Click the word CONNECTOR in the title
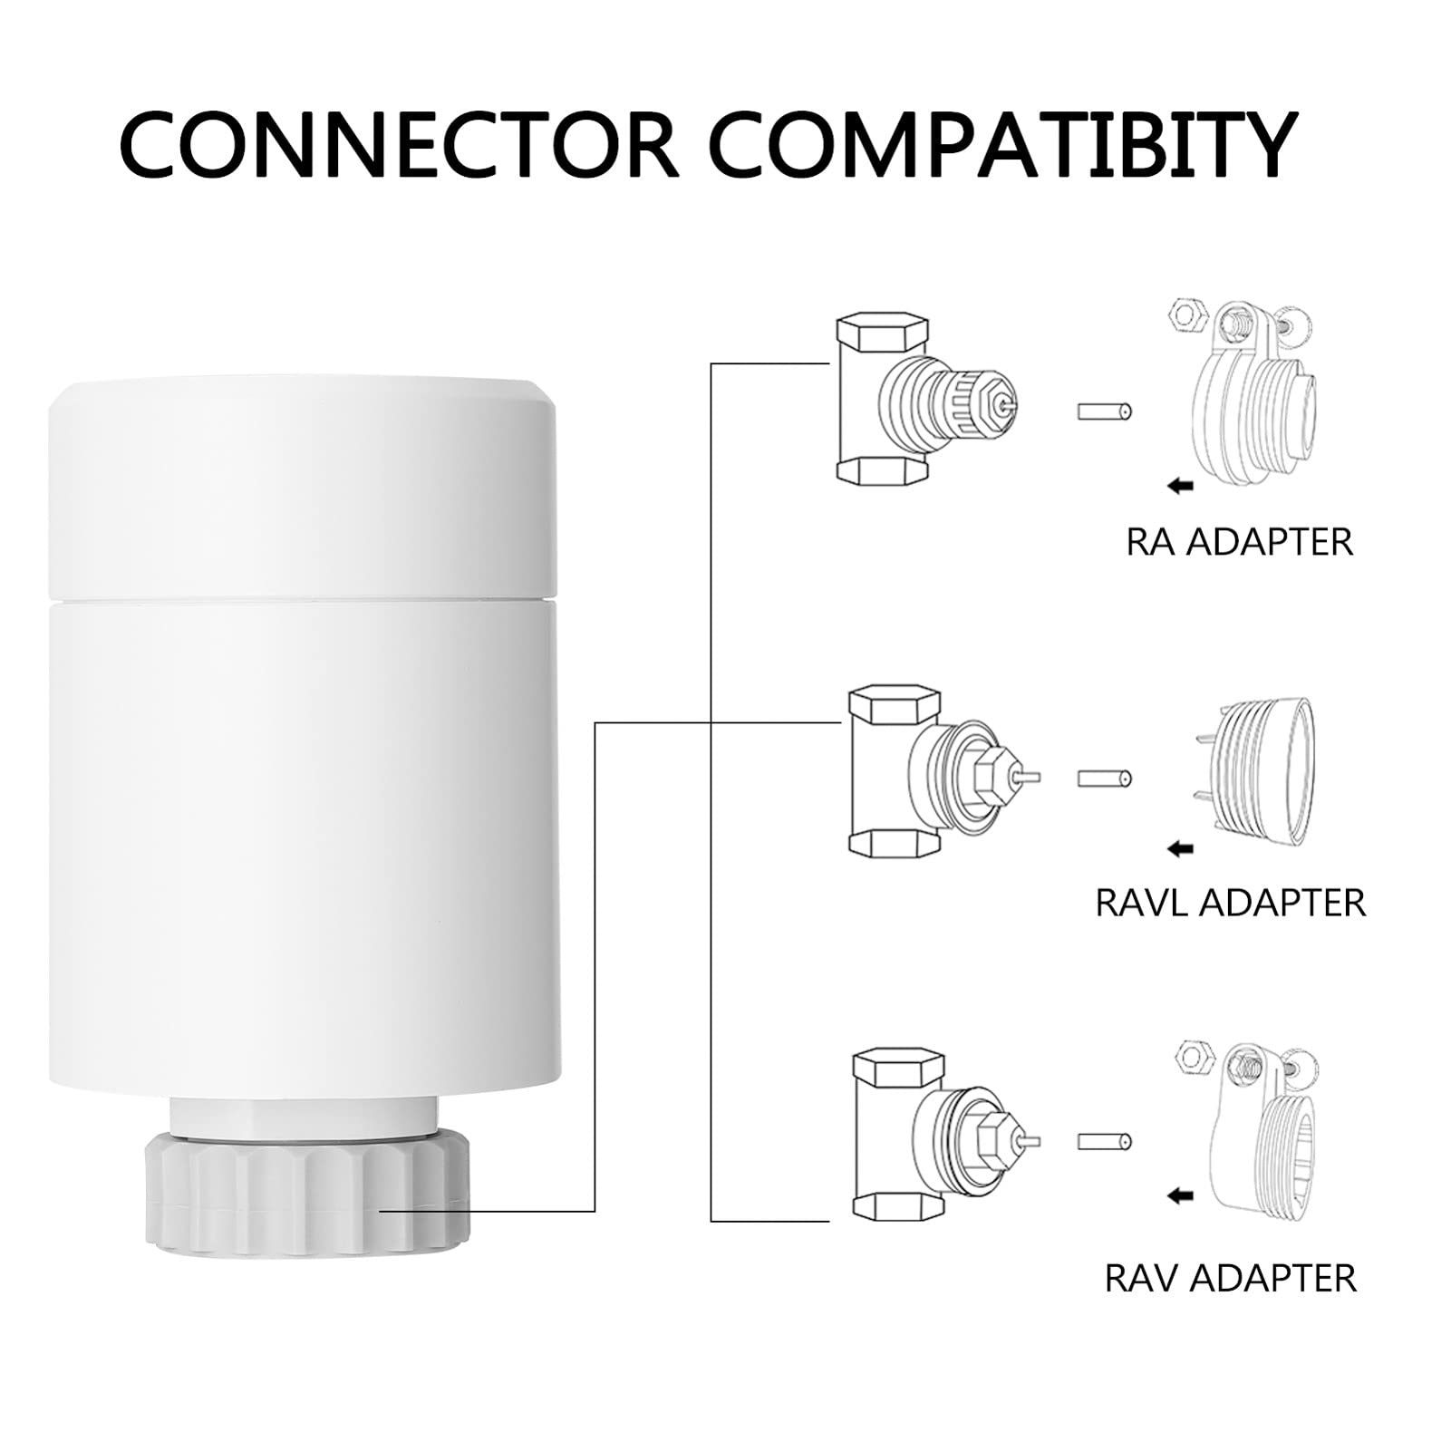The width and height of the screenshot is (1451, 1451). pos(399,144)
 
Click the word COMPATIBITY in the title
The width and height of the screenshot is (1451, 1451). pos(1004,144)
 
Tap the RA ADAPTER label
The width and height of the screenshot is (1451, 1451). pos(1240,542)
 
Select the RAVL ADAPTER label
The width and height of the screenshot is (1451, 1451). pos(1231,903)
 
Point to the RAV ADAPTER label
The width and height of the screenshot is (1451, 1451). pos(1231,1279)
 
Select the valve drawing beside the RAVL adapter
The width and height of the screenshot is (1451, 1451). pos(943,770)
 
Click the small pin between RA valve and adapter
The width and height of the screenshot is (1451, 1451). pos(1105,411)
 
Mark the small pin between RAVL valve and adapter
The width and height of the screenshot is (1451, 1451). pos(1105,779)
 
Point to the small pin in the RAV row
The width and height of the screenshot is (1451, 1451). pos(1105,1142)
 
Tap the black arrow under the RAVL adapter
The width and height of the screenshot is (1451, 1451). pos(1180,849)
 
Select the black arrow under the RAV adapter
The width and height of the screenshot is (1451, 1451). pos(1180,1197)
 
